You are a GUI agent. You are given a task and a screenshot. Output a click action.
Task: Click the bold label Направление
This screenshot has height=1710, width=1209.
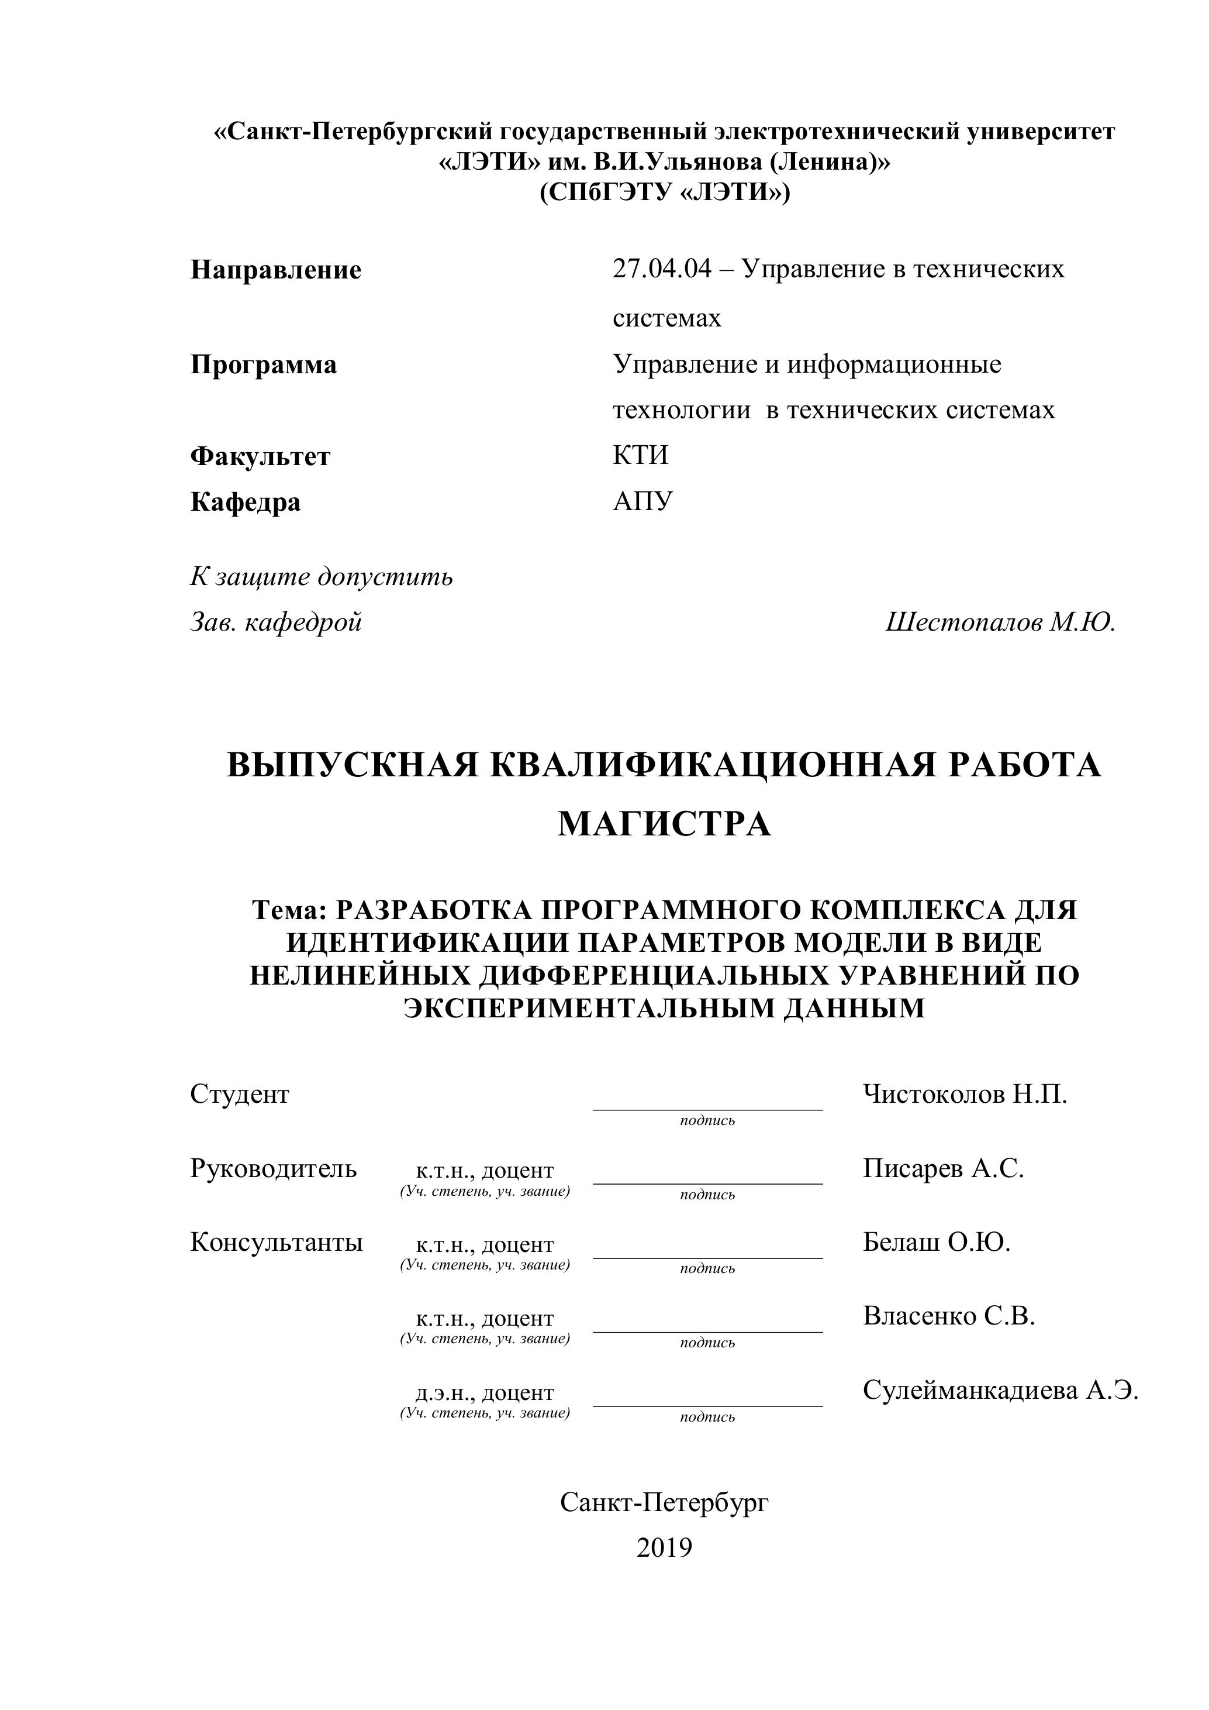[275, 270]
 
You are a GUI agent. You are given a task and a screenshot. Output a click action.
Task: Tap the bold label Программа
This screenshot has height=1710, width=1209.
[264, 365]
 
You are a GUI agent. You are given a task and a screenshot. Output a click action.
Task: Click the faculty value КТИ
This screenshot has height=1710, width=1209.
[640, 455]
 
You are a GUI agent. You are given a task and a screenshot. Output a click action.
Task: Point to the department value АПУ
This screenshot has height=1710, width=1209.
[643, 501]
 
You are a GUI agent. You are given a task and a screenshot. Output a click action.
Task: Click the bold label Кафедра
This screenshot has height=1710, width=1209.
[246, 502]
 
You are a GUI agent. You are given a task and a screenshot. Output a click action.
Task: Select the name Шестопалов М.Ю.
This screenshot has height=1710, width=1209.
[1000, 622]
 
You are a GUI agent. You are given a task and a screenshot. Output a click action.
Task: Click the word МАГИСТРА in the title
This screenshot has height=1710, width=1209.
[664, 824]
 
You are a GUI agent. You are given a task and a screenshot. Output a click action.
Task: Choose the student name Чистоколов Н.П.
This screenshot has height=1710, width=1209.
[965, 1093]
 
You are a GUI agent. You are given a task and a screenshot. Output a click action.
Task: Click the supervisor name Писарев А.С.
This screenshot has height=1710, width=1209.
[943, 1168]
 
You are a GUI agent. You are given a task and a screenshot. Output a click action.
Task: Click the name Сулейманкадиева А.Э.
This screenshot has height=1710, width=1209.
[1000, 1390]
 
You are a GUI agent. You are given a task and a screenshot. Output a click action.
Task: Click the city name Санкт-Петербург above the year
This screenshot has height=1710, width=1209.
[664, 1502]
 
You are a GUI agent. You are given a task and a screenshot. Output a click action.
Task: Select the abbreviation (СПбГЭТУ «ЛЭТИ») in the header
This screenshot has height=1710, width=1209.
[664, 193]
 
